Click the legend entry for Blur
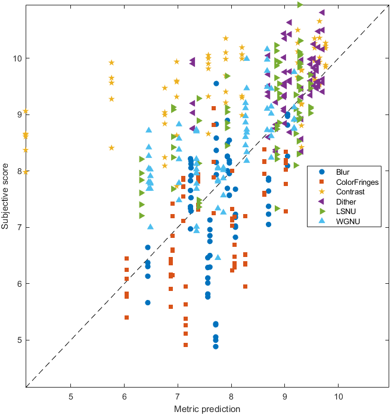pos(343,172)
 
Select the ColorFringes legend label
pos(355,181)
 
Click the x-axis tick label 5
pos(71,397)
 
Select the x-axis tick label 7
pos(178,397)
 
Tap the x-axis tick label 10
pos(339,397)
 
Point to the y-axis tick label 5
pos(18,340)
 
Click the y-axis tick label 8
pos(18,171)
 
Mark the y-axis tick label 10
pos(15,58)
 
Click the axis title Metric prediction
pos(207,409)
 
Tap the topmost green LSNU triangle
pos(300,4)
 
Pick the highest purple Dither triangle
pos(322,12)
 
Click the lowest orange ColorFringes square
pos(186,345)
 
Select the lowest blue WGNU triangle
pos(218,258)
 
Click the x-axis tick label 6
pos(125,397)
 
